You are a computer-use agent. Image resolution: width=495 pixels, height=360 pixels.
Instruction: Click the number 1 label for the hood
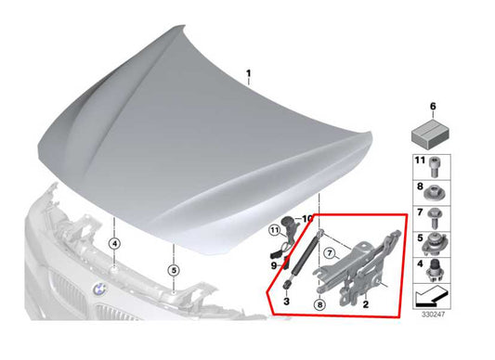point(248,72)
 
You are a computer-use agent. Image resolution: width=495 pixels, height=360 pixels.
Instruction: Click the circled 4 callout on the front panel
point(113,245)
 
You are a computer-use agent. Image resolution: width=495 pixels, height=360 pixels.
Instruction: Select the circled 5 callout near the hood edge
point(174,272)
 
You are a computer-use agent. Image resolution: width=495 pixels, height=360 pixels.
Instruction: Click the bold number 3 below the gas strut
point(286,302)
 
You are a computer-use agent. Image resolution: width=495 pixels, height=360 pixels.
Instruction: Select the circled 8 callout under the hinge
point(319,302)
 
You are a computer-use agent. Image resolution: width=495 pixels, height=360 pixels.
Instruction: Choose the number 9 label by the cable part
point(274,267)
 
